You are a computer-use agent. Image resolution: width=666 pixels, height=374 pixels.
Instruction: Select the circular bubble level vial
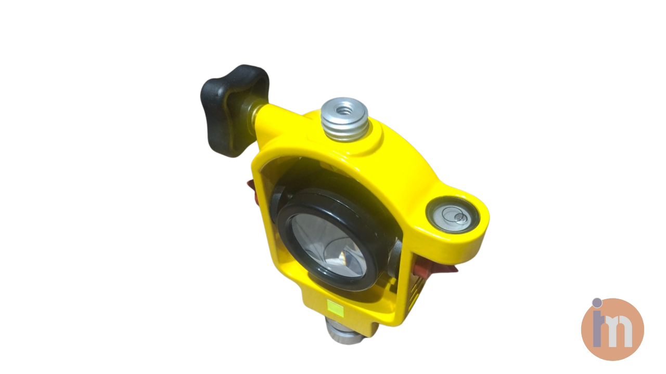pyautogui.click(x=453, y=216)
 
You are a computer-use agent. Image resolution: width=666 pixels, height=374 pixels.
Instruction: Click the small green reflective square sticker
pyautogui.click(x=335, y=309)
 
